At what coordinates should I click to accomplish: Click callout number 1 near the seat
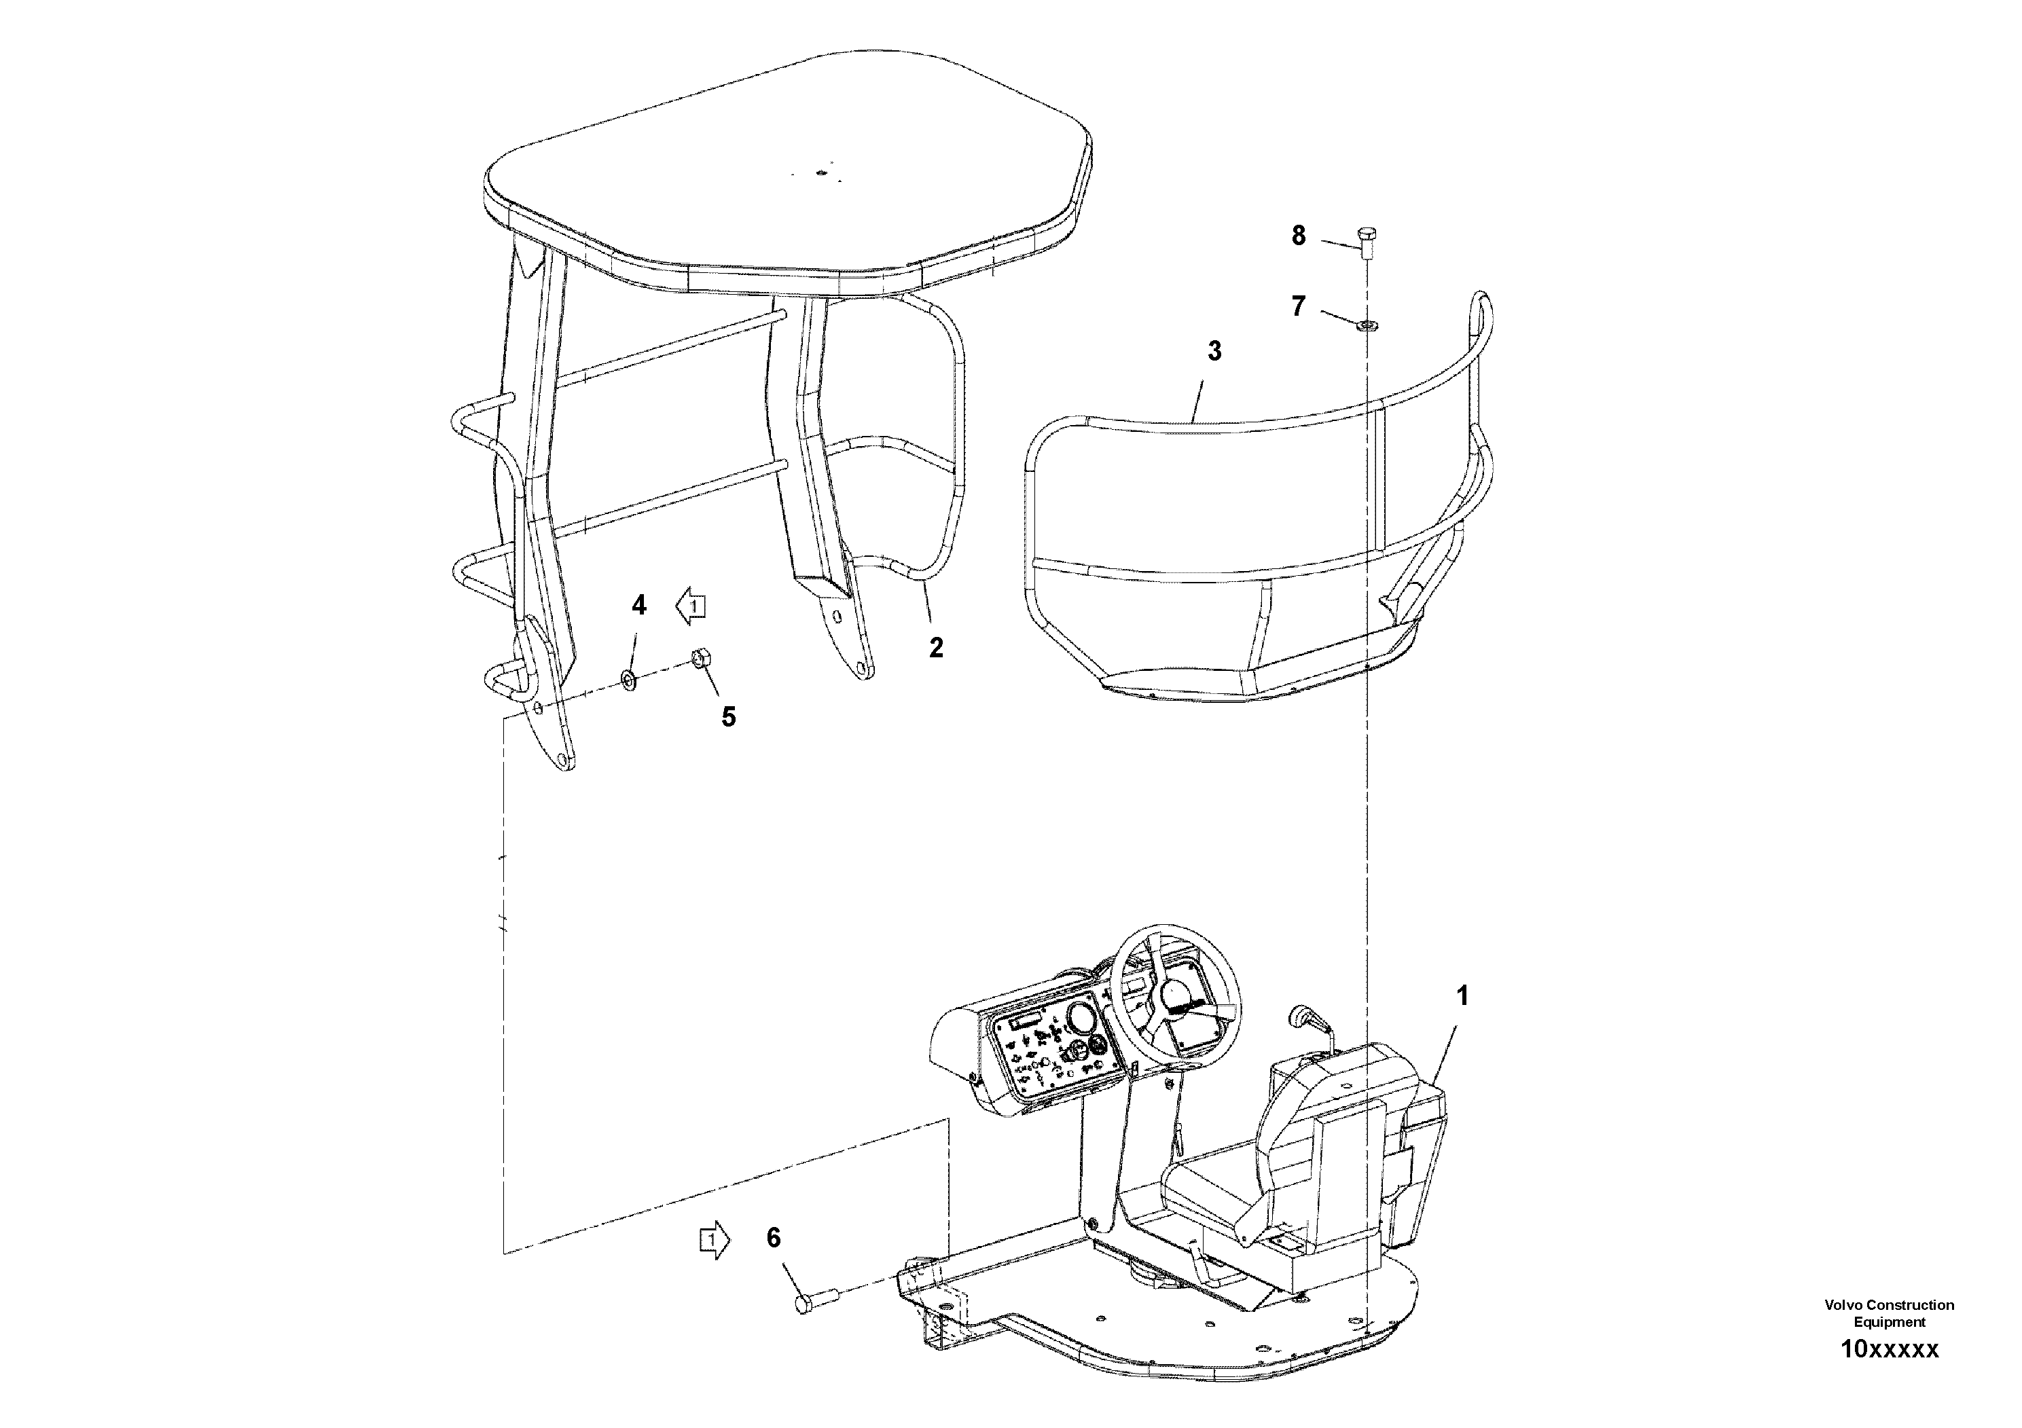[x=1463, y=997]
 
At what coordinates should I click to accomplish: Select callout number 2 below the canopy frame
[x=936, y=647]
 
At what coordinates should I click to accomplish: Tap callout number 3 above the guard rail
[x=1214, y=351]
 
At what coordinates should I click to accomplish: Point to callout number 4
[x=639, y=605]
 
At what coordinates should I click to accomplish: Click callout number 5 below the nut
[x=728, y=716]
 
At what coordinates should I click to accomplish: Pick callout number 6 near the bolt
[x=773, y=1238]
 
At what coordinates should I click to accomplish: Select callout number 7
[x=1298, y=306]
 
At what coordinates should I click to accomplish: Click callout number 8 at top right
[x=1298, y=235]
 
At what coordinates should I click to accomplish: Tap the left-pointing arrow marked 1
[x=691, y=606]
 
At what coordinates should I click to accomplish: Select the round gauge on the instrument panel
[x=1078, y=1021]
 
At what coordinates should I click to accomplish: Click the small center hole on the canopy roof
[x=820, y=173]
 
